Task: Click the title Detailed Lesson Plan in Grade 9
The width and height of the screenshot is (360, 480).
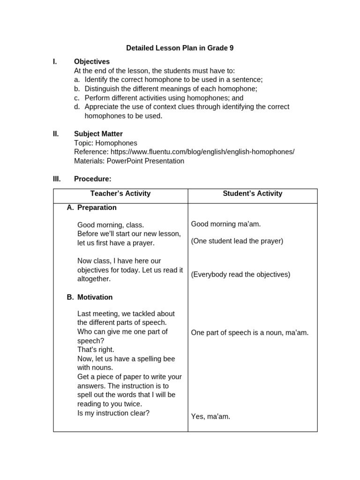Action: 180,48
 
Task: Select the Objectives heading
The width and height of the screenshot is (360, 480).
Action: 92,61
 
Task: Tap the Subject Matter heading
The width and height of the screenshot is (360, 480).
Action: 98,134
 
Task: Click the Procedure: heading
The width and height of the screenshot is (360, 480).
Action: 93,179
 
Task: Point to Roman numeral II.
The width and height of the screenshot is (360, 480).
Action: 56,134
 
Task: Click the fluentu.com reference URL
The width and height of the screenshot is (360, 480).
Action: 202,152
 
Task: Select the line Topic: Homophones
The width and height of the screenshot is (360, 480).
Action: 105,143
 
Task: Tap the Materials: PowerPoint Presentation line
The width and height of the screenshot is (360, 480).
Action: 129,161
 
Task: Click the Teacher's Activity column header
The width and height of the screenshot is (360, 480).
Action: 120,194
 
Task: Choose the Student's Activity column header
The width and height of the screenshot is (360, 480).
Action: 253,194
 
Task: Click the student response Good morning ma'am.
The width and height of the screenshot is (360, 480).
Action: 226,224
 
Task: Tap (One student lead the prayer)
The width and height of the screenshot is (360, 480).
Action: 237,241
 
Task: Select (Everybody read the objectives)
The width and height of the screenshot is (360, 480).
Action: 240,275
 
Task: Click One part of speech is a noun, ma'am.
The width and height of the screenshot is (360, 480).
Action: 250,333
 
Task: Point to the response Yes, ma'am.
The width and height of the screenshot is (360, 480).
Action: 210,416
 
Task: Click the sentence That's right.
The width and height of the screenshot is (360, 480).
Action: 96,350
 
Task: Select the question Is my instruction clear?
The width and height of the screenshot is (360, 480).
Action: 113,413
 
